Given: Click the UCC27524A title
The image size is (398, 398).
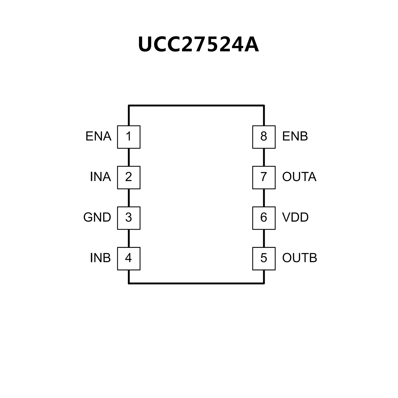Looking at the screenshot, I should point(199,45).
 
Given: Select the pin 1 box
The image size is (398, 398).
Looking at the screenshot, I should point(129,137).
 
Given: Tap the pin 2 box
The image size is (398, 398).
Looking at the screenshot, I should point(129,177).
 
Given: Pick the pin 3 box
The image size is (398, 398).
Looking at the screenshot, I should point(129,218).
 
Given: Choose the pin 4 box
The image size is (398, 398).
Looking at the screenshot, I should point(129,258).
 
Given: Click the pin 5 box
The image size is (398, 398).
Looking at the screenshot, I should point(264,258).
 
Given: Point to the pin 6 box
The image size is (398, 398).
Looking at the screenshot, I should point(264,218).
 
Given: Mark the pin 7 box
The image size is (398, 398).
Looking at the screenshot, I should point(264,177).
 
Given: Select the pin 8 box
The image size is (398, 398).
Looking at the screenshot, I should point(264,137).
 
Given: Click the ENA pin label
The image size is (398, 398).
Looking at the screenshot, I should point(98,137).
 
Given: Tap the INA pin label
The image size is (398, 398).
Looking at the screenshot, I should point(100,177).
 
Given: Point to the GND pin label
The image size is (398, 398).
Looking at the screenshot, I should point(97,218).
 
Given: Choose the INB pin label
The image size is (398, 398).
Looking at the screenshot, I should point(100,258).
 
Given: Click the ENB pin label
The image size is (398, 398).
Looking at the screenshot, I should point(295,137).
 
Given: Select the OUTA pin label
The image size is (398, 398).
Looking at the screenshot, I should point(299,177).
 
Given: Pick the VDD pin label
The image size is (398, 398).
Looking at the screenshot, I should point(295,218).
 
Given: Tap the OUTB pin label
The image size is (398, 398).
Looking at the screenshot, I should point(299,258).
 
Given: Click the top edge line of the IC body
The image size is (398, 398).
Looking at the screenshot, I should point(196,106).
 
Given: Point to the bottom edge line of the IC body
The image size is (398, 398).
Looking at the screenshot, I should point(196,283).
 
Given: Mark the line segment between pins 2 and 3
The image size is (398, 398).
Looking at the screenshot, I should point(129,198).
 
